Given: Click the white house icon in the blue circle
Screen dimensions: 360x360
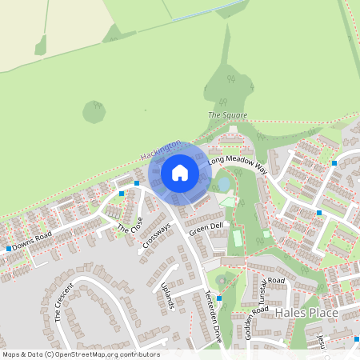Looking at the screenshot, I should pos(180,172).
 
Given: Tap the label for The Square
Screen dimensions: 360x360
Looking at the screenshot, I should pos(227,115).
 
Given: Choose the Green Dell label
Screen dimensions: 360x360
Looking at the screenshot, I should pos(206,228).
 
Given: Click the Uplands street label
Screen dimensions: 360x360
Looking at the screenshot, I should pos(166,295).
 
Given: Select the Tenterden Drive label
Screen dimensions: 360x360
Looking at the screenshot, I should pos(213,316).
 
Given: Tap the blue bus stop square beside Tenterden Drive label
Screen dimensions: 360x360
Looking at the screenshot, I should pos(218,298).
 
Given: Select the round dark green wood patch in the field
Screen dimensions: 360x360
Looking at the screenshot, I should pos(94,112).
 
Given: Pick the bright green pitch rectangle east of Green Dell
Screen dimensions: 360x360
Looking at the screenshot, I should pos(237,239).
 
